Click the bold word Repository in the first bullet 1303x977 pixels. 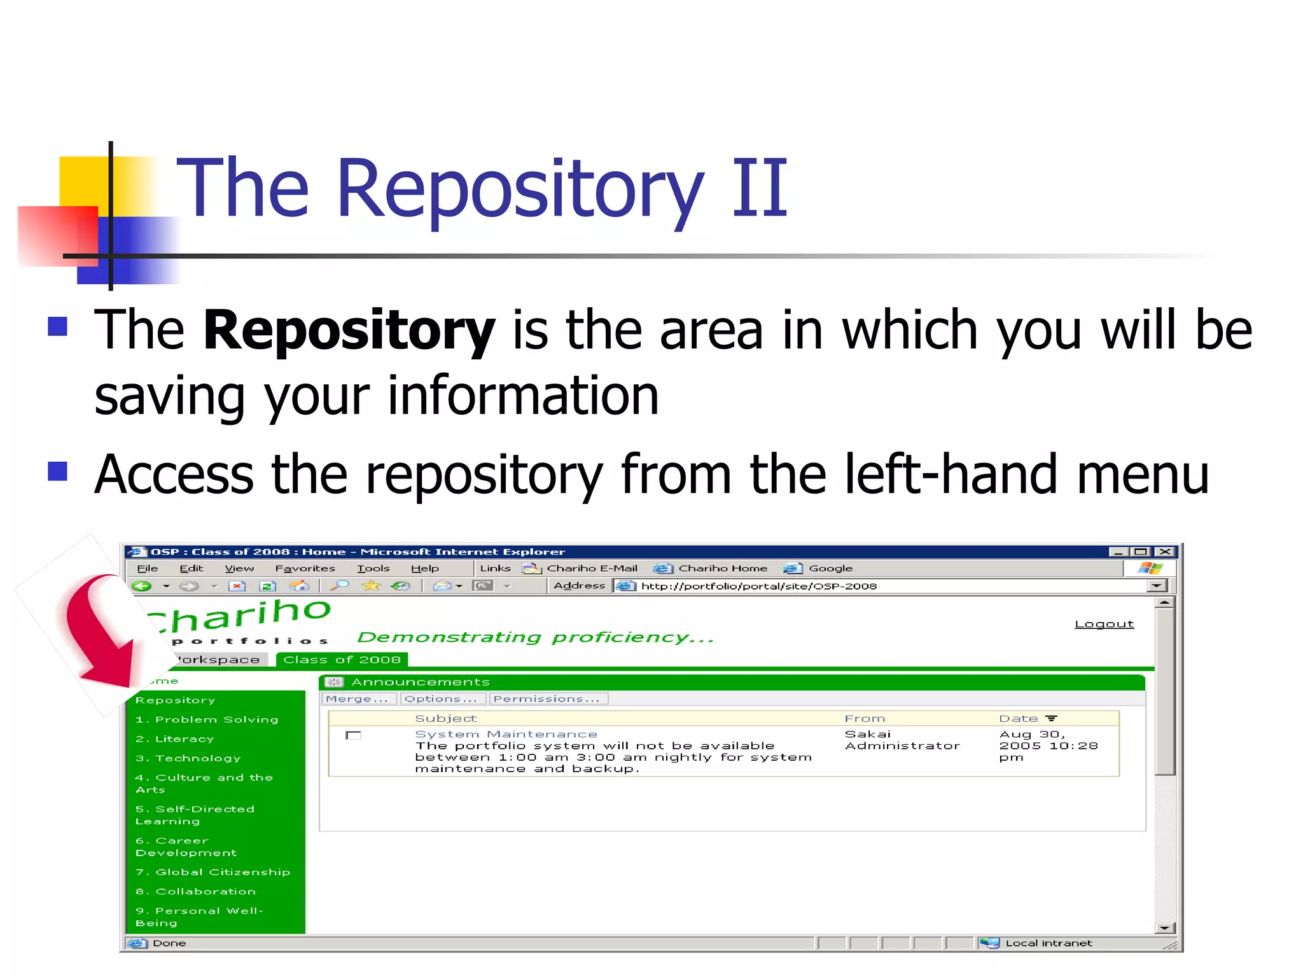point(349,329)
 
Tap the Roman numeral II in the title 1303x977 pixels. point(759,188)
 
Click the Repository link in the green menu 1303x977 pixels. point(175,700)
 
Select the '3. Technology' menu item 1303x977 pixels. point(188,758)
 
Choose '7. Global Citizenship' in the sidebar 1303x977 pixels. point(213,872)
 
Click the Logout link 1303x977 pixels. point(1104,624)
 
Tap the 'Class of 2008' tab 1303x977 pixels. point(342,660)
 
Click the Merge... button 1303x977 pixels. point(357,698)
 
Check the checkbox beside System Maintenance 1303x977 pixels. point(353,735)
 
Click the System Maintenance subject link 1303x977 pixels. point(506,734)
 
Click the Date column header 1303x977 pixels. point(1019,718)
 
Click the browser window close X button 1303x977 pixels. point(1164,551)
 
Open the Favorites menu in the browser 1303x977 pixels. point(305,568)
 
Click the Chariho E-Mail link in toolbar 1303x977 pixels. point(591,568)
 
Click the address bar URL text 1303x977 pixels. point(758,586)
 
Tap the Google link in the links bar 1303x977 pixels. point(830,568)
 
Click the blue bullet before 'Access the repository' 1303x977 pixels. point(58,471)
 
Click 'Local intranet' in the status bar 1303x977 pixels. point(1048,943)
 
